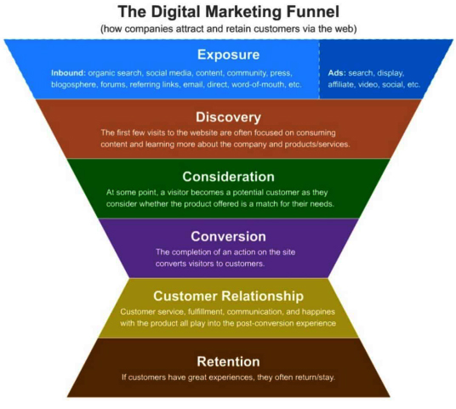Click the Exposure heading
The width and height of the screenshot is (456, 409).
[x=228, y=54]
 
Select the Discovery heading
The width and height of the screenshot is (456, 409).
[x=228, y=117]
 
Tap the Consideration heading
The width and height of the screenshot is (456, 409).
[x=228, y=177]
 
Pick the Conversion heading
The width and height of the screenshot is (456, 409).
[x=228, y=236]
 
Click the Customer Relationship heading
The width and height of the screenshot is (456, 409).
[x=228, y=296]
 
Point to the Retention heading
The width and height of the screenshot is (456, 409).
[x=228, y=361]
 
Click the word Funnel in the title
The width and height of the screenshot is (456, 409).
[x=313, y=12]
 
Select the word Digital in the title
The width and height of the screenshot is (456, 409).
[x=176, y=13]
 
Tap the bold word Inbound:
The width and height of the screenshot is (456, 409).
[x=69, y=72]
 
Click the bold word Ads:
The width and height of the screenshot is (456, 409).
[x=337, y=72]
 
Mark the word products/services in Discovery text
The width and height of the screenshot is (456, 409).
[x=317, y=145]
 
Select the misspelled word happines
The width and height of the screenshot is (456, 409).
[x=318, y=312]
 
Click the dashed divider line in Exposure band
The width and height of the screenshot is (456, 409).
[x=319, y=69]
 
